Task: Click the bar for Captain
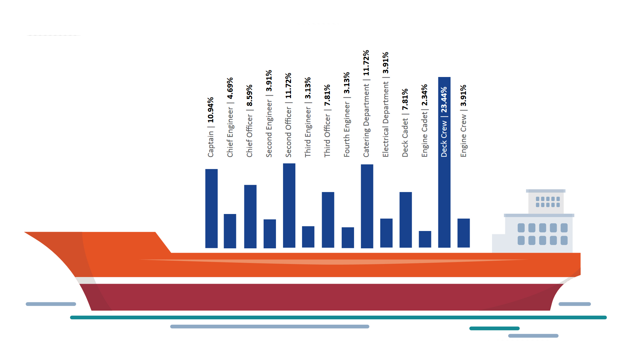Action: tap(211, 208)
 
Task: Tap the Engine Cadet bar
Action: tap(425, 239)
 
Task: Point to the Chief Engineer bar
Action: tap(230, 231)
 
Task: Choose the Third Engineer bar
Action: tap(308, 237)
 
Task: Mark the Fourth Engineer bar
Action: tap(348, 237)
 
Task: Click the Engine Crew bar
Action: tap(463, 233)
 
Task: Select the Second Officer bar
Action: tap(289, 205)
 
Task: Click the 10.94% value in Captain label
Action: tap(211, 110)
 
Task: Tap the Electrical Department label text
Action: tap(386, 120)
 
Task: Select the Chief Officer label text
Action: tap(250, 135)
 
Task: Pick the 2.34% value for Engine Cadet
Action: tap(424, 95)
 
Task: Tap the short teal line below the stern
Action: tap(494, 328)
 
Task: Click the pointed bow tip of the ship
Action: tap(26, 232)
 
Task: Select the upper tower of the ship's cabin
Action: tap(546, 202)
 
